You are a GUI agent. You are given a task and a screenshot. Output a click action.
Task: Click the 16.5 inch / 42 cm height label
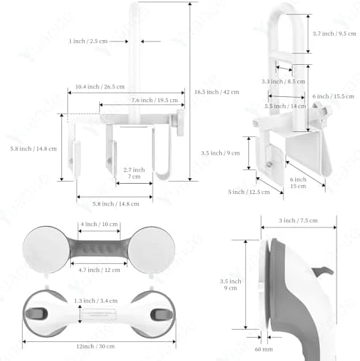click(217, 92)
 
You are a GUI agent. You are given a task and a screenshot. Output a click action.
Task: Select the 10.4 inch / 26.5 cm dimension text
click(100, 87)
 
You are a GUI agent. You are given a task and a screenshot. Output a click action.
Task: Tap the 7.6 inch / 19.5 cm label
click(155, 100)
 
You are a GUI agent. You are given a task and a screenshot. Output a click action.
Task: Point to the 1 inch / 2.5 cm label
click(88, 41)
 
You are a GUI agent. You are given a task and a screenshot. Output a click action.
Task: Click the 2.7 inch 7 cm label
click(134, 173)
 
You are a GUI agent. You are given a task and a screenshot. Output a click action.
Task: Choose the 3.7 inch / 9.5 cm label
click(334, 34)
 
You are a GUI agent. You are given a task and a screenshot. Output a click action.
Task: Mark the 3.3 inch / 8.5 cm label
click(283, 81)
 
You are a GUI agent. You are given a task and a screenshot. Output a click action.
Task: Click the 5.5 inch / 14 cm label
click(286, 106)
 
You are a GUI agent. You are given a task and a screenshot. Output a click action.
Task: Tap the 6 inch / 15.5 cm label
click(333, 96)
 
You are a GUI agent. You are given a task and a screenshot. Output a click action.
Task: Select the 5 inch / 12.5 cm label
click(249, 192)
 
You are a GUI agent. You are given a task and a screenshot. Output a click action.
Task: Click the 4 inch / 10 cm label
click(99, 224)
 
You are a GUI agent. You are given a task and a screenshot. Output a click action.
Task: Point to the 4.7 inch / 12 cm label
click(99, 270)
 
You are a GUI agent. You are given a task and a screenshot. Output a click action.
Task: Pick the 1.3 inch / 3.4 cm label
click(96, 300)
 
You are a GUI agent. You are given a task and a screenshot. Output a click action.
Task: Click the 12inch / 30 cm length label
click(96, 346)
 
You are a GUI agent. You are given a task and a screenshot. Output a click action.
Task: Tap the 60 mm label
click(264, 349)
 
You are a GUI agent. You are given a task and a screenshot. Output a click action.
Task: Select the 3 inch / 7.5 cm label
click(298, 220)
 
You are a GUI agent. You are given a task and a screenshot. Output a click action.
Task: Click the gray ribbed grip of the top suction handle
click(99, 249)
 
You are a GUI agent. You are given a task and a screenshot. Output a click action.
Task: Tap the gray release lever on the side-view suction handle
click(323, 271)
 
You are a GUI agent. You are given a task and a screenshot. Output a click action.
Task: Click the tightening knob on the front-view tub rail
click(180, 123)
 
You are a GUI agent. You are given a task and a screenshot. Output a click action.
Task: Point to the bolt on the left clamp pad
click(71, 160)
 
